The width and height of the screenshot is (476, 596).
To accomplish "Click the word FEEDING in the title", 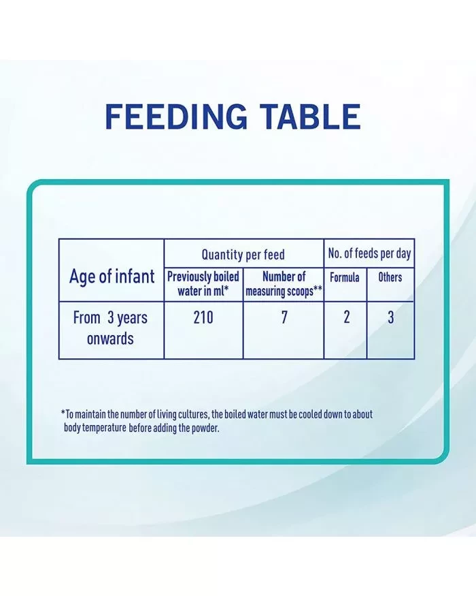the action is coord(176,116).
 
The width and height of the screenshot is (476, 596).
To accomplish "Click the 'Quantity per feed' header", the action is coord(243,255).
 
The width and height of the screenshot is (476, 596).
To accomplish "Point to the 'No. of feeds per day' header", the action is coord(369,253).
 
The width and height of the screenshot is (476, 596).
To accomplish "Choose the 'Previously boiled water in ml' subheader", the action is coord(203,283).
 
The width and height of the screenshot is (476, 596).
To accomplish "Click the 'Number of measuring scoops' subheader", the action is coord(284,283).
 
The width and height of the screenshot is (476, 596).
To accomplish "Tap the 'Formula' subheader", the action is coord(345,277).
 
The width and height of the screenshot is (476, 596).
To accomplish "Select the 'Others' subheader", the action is coord(390,277).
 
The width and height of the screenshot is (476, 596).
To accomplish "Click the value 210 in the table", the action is coord(203,317).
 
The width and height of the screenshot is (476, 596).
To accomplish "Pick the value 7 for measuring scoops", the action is coord(284,317).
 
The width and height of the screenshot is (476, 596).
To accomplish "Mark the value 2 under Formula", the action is coord(347,317).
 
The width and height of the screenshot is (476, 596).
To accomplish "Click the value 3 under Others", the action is coord(390,317).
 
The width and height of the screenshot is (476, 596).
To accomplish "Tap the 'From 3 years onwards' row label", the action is coord(110,328).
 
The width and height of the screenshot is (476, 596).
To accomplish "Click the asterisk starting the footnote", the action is coord(63,412).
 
